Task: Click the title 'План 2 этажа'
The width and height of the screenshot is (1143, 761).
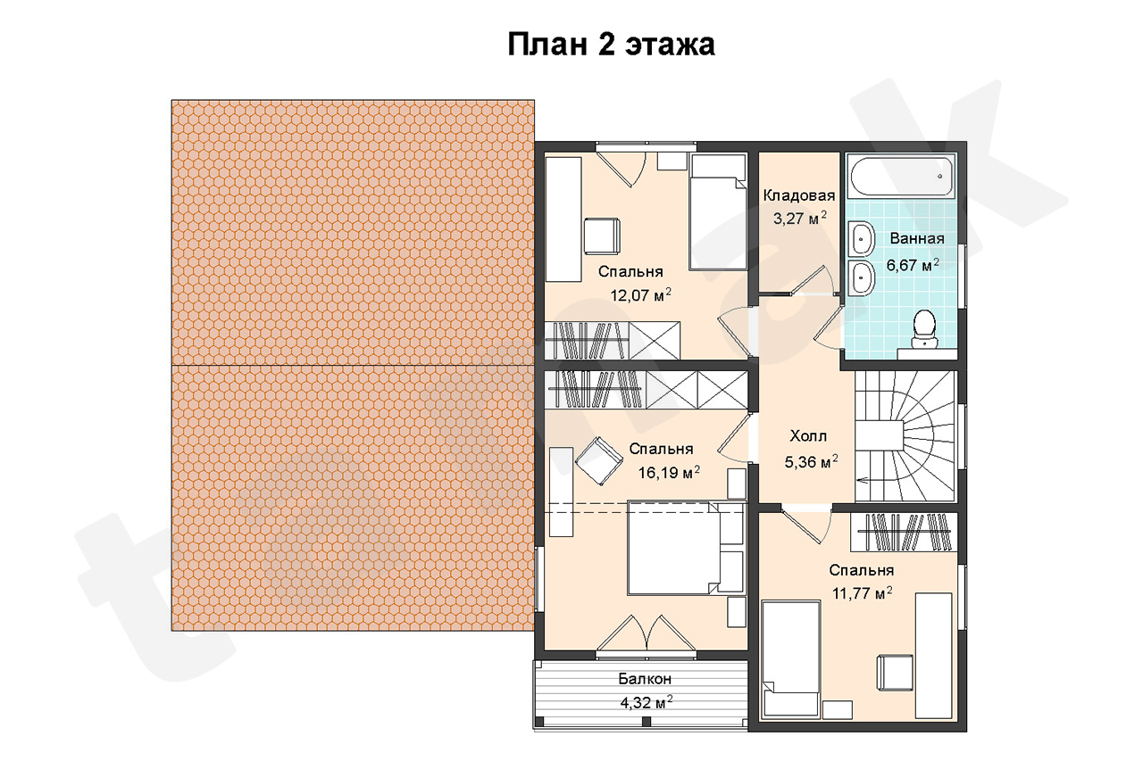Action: tap(611, 45)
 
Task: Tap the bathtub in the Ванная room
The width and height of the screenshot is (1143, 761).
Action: tap(901, 177)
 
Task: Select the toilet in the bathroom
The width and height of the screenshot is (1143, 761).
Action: tap(924, 329)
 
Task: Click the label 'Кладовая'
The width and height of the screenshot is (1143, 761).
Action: tap(799, 195)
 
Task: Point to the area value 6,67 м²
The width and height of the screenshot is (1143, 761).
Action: tap(913, 265)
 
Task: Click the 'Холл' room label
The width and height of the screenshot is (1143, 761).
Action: tap(808, 435)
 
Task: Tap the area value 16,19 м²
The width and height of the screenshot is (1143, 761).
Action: tap(669, 473)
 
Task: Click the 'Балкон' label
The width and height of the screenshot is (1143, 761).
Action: tap(645, 678)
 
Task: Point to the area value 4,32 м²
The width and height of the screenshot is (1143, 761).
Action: tap(646, 702)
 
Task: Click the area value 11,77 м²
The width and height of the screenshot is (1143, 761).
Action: tap(863, 593)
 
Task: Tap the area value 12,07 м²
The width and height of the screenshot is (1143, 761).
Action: tap(641, 294)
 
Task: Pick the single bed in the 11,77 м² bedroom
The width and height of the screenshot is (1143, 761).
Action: tap(790, 659)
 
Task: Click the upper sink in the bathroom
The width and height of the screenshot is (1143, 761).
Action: tap(862, 238)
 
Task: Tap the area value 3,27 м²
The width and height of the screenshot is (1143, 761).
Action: tap(799, 219)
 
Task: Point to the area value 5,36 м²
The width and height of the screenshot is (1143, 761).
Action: tap(811, 461)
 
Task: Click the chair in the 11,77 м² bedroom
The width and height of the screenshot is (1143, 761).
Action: tap(895, 673)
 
